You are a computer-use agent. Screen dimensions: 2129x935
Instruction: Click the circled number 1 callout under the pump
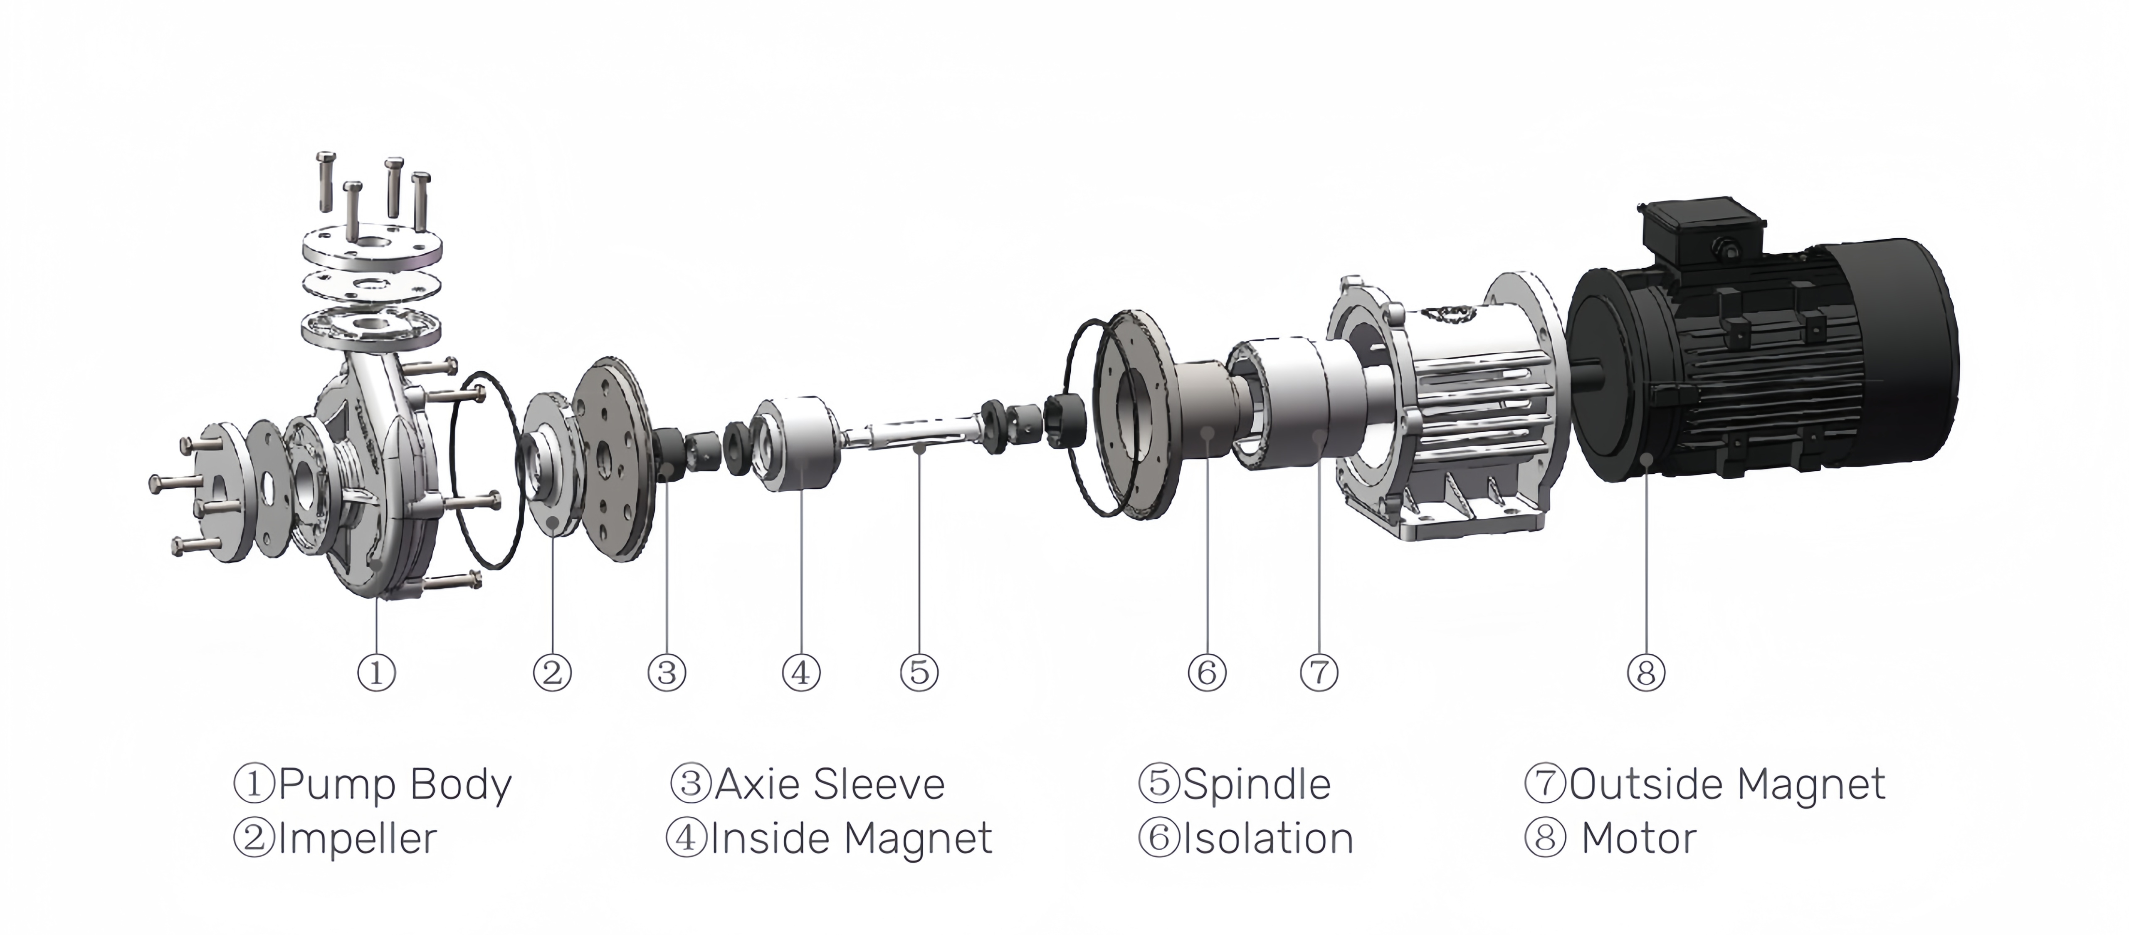[376, 672]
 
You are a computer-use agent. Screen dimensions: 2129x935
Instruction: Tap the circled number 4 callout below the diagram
[801, 672]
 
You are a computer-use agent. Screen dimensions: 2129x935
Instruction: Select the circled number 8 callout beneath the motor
[1645, 672]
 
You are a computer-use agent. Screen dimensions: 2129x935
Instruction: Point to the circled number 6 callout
[1207, 672]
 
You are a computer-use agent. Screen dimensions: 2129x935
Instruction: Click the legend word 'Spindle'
[1256, 784]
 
